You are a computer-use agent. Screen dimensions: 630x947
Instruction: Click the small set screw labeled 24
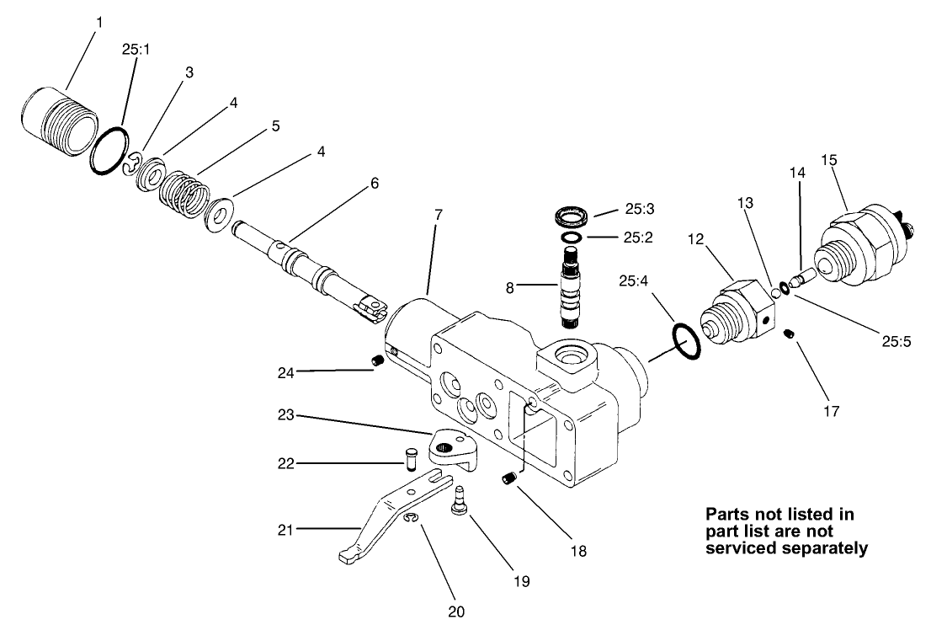pyautogui.click(x=378, y=361)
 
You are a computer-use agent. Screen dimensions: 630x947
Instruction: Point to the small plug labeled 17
pyautogui.click(x=790, y=334)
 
